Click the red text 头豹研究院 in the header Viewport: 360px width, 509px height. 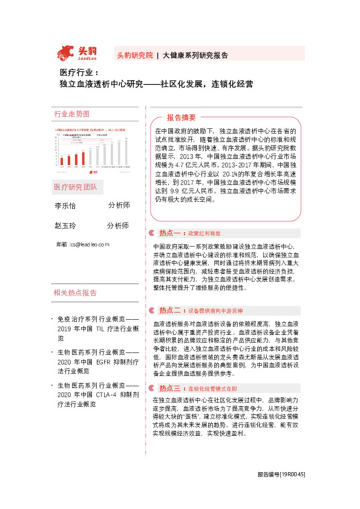[135, 55]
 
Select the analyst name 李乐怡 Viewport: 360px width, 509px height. [65, 206]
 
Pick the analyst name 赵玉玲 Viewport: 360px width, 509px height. [65, 225]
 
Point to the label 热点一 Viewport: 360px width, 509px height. [171, 233]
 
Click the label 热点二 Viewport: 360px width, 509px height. [171, 310]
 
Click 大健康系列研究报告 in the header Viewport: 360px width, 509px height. [195, 55]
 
